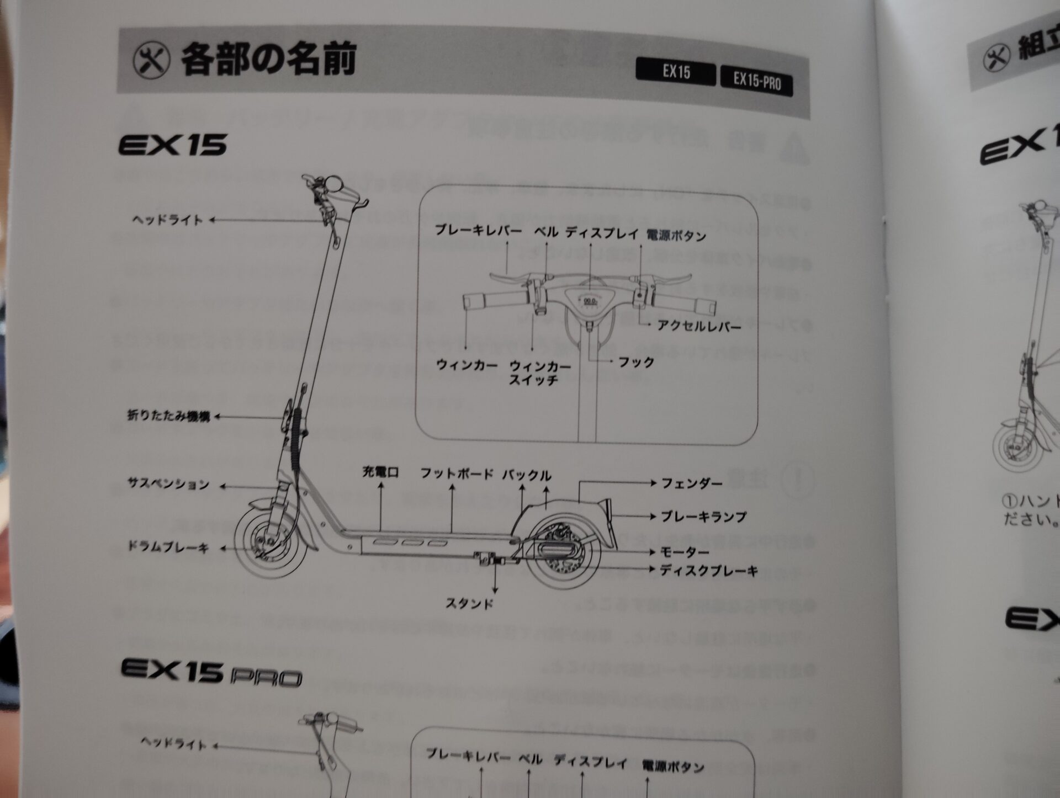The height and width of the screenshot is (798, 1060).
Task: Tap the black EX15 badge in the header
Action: click(x=676, y=72)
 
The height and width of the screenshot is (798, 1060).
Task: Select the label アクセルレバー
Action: click(x=699, y=326)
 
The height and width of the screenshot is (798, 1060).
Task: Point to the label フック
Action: click(x=636, y=363)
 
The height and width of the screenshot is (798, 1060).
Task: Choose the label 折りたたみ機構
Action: click(x=169, y=416)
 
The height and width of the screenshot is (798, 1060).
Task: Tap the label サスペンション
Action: click(x=168, y=485)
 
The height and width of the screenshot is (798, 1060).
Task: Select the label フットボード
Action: click(x=456, y=474)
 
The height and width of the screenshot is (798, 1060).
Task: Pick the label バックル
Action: click(x=526, y=475)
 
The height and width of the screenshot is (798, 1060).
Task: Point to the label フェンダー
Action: click(x=692, y=484)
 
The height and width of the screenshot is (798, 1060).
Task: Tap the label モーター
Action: click(x=684, y=552)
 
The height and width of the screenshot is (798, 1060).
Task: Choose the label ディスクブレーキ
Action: click(x=709, y=571)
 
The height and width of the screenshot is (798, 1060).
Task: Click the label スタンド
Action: click(x=469, y=604)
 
